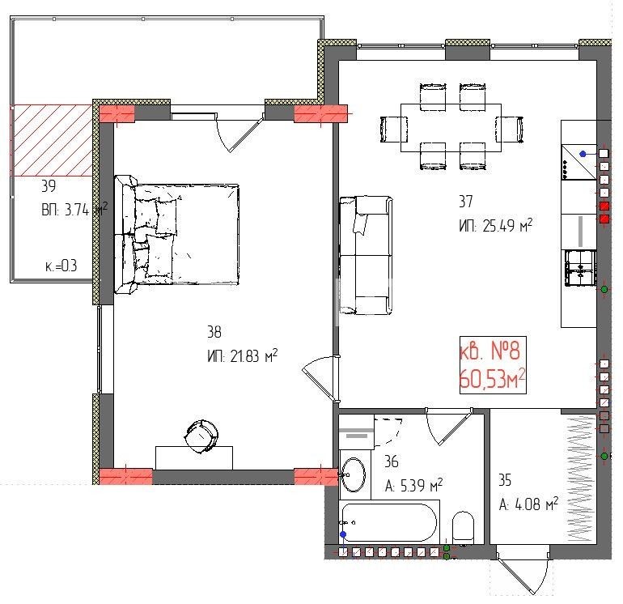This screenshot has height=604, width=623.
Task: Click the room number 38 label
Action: (x=214, y=332)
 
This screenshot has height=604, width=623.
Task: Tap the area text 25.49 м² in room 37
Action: (x=507, y=225)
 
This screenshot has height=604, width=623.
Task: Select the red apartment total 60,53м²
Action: (x=493, y=379)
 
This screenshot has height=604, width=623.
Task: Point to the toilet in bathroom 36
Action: (x=464, y=527)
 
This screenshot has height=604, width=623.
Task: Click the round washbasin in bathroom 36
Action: (x=354, y=474)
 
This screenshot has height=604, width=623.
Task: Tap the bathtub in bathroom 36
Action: (x=389, y=523)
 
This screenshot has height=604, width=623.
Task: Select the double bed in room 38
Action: (x=177, y=234)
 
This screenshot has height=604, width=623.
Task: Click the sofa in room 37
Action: (x=366, y=255)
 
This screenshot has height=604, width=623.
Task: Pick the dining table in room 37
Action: (x=451, y=128)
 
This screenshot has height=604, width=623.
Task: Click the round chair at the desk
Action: (x=201, y=436)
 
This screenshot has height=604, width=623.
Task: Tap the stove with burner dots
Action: (x=578, y=162)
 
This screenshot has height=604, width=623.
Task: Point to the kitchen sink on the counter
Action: (x=580, y=268)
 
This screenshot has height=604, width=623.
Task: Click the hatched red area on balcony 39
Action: (x=52, y=140)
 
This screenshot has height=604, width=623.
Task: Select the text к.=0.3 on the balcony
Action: (x=61, y=266)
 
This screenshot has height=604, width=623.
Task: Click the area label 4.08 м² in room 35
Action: (x=528, y=504)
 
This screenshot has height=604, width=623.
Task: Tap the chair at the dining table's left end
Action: (x=394, y=129)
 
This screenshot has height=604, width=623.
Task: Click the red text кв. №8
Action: (x=489, y=351)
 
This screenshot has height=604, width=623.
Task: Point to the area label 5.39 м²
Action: (x=413, y=485)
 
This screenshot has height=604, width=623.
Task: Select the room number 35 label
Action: (x=505, y=480)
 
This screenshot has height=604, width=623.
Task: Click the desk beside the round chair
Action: (x=194, y=457)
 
